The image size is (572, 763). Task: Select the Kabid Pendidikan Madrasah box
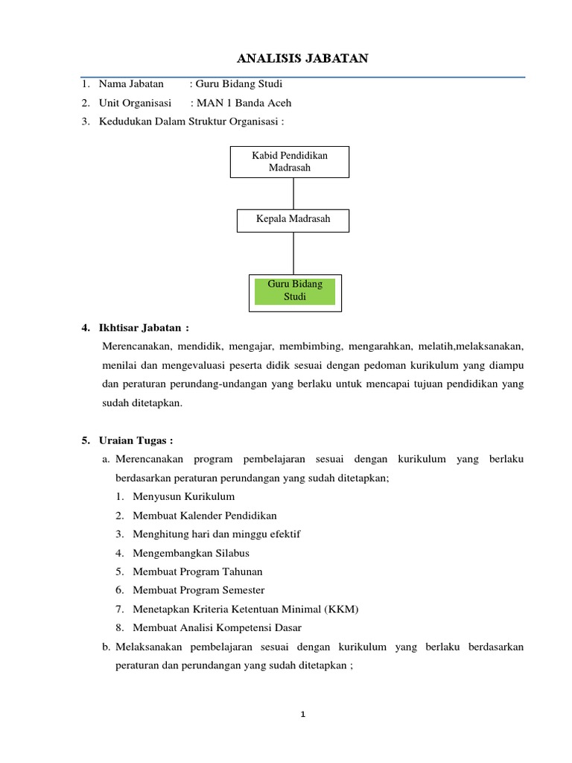click(290, 161)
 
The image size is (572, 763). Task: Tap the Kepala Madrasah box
click(293, 220)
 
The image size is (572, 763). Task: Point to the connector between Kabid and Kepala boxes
click(293, 194)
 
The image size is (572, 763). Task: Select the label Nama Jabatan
click(130, 84)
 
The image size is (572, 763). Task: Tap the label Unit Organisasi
click(134, 103)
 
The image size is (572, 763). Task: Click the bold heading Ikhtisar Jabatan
click(144, 328)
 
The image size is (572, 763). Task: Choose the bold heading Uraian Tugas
click(136, 440)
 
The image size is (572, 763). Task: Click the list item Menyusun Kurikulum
click(183, 496)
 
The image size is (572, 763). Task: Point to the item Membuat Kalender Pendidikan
click(204, 515)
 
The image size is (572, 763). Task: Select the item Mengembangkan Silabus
click(191, 553)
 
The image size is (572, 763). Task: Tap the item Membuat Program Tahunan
click(197, 572)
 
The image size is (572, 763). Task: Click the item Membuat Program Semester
click(198, 590)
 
